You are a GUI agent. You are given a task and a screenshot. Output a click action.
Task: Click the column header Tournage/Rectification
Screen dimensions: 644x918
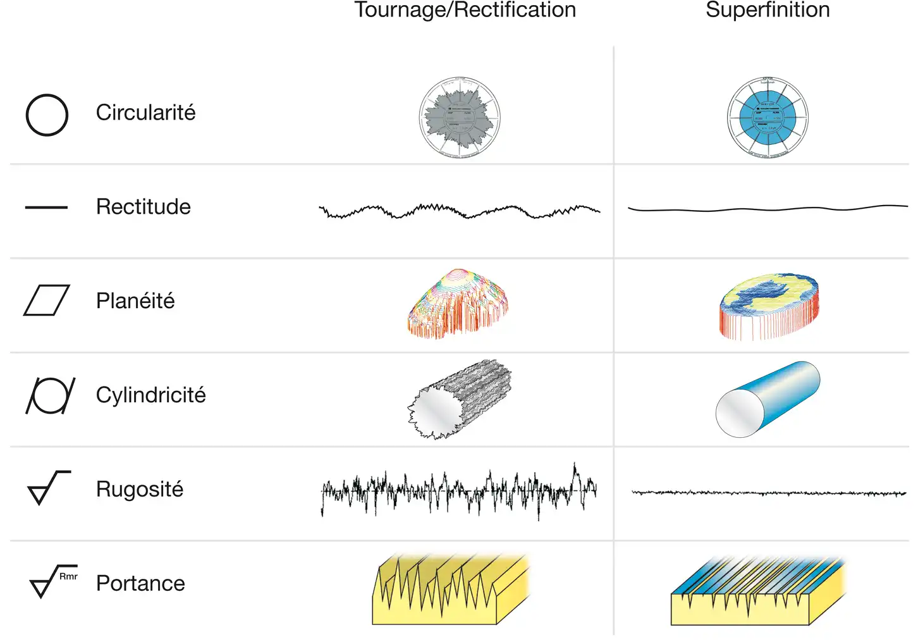tap(465, 10)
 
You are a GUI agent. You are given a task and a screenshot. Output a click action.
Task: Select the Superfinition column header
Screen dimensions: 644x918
tap(768, 10)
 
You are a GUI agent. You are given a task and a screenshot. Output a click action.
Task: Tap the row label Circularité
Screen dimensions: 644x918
tap(145, 113)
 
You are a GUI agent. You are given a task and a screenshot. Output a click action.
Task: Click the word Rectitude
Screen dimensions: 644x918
tap(143, 207)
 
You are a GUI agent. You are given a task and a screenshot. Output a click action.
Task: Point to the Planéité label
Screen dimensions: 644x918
tap(135, 300)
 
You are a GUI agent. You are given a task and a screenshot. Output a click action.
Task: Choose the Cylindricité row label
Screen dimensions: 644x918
tap(150, 395)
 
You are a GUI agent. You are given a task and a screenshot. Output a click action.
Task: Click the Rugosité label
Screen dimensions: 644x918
tap(139, 489)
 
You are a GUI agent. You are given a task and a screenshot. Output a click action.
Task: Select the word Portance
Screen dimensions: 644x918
tap(140, 583)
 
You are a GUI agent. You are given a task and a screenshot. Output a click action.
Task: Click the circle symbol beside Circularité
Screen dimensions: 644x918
tap(47, 115)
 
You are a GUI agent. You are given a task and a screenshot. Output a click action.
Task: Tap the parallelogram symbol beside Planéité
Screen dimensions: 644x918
tap(47, 300)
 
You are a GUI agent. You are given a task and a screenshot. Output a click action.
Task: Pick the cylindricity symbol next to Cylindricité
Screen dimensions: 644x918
tap(50, 395)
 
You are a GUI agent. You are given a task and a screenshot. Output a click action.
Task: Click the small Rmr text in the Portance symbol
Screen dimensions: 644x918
tap(68, 576)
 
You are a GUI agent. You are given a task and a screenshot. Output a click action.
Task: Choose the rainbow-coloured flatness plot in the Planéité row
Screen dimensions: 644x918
tap(458, 302)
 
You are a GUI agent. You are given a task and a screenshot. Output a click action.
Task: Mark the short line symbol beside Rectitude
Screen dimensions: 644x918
tap(46, 207)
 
